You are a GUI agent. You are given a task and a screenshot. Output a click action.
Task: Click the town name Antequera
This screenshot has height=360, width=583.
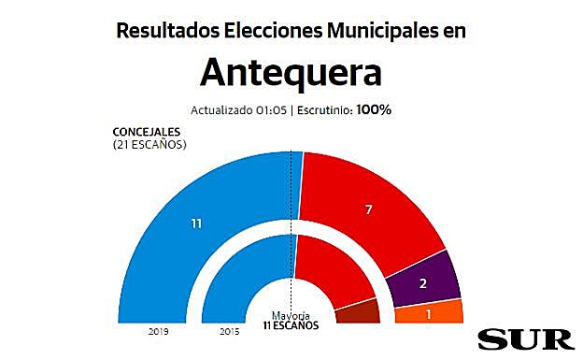click(291, 72)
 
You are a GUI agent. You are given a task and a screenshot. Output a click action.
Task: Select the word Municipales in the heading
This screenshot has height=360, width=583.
click(379, 30)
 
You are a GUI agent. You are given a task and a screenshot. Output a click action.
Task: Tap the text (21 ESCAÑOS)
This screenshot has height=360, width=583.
click(149, 145)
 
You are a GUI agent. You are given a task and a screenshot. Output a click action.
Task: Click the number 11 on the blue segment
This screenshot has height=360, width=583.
click(196, 224)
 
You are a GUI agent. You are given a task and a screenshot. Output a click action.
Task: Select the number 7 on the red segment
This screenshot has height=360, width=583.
click(369, 209)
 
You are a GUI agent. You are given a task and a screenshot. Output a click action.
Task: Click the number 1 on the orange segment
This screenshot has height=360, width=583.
click(429, 313)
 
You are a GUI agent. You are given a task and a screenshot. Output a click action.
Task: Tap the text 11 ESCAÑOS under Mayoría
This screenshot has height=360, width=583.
click(291, 325)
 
